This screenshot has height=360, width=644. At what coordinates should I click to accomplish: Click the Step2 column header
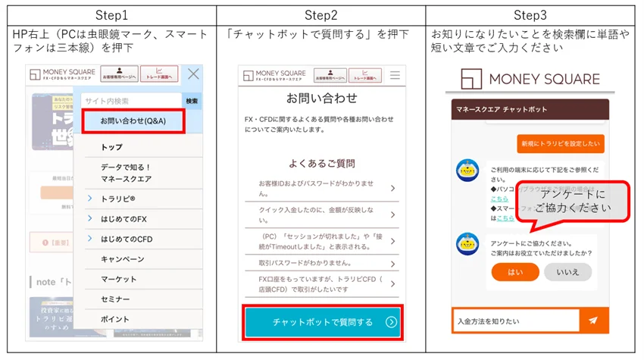(320, 15)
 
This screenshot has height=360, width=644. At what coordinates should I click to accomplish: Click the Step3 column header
(530, 15)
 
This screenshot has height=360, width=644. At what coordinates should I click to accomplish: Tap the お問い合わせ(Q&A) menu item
(133, 121)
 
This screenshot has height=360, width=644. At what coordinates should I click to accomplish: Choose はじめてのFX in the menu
(126, 219)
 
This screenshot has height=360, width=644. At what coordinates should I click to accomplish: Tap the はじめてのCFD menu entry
(129, 239)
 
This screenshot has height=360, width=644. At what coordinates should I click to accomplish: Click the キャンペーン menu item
(122, 259)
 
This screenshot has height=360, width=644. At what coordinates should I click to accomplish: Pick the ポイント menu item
(115, 319)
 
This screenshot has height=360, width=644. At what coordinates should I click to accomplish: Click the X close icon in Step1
(193, 74)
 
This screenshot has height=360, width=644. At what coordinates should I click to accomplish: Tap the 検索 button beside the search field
(192, 101)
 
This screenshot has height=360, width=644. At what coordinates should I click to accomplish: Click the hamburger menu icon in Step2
(394, 76)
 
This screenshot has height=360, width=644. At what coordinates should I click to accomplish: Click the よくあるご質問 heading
(321, 163)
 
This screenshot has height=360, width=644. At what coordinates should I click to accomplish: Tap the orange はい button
(514, 273)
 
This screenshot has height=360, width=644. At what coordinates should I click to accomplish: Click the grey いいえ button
(567, 273)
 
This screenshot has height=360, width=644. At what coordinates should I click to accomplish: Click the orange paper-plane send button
(592, 321)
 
